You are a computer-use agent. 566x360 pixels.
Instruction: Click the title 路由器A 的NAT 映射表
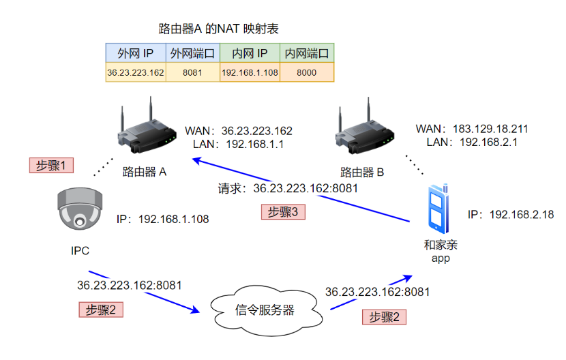218,29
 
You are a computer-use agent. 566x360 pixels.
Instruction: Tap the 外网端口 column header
192,53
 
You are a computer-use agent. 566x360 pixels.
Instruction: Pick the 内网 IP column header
250,53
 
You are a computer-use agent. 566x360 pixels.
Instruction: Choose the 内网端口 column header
306,53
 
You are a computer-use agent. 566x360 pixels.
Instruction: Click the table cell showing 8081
192,72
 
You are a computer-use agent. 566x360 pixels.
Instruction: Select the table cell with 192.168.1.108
250,72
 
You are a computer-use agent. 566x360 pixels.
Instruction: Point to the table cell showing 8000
306,72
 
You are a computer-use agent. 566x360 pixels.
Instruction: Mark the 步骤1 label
51,165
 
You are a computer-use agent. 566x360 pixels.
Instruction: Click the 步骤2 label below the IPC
101,310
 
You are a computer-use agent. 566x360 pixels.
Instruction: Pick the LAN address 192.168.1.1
254,144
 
